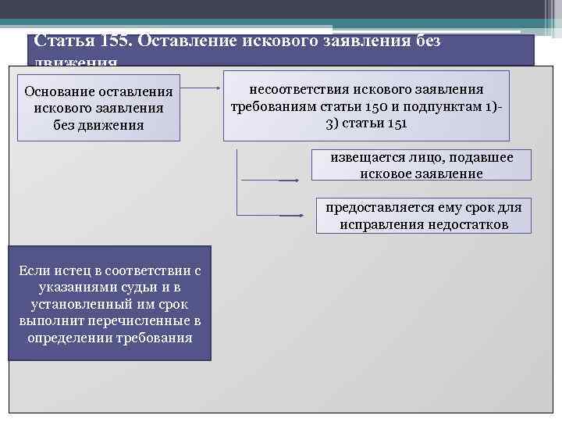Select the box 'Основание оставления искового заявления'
98,107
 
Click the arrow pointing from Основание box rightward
201,88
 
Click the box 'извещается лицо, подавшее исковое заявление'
421,165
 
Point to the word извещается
365,157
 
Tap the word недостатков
468,224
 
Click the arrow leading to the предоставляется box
290,213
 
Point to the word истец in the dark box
76,270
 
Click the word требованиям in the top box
272,106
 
